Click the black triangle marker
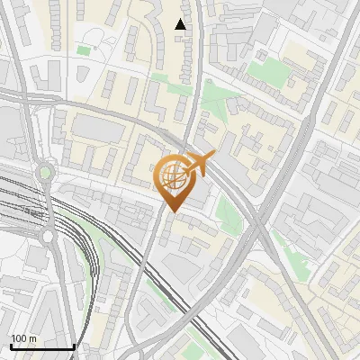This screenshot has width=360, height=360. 181,24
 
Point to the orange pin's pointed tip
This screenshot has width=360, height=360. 173,212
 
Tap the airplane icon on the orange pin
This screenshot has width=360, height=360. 198,164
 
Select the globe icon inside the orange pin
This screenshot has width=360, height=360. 173,176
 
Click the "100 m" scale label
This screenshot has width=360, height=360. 24,339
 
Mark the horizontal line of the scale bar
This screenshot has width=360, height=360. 42,346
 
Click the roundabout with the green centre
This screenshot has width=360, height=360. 45,172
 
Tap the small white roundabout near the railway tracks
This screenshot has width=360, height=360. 47,236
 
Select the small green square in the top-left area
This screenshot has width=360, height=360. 84,49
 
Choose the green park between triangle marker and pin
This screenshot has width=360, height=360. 213,98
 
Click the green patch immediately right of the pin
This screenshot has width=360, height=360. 227,212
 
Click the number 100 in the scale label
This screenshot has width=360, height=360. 20,339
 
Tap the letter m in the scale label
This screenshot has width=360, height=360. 33,339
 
